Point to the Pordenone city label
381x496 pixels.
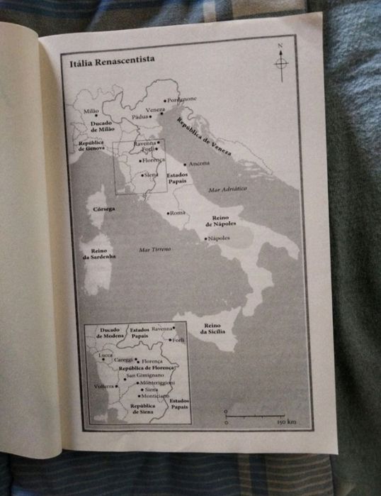182,99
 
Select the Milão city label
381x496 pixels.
91,111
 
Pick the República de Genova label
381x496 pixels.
92,145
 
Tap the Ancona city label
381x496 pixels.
198,164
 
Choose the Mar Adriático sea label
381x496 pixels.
227,189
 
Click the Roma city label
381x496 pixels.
177,213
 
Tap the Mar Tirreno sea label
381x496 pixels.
156,250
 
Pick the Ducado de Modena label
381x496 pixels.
110,333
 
